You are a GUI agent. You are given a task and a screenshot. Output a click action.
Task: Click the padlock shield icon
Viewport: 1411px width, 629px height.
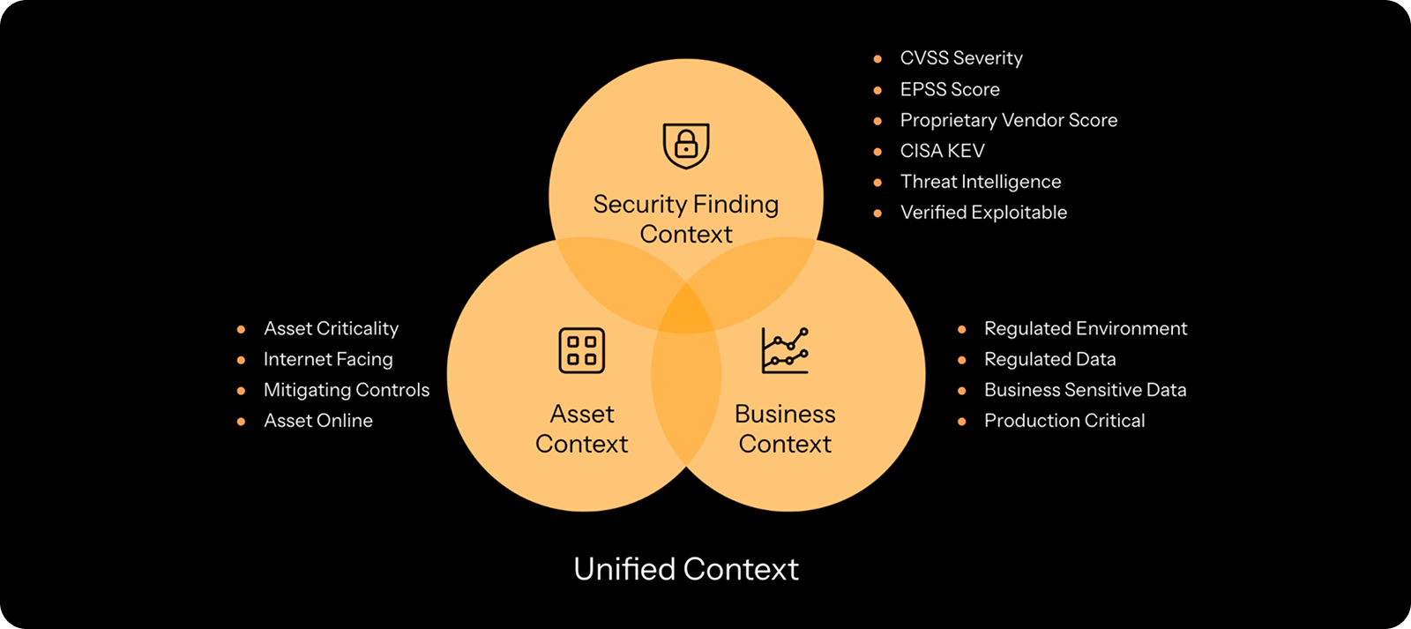coord(686,146)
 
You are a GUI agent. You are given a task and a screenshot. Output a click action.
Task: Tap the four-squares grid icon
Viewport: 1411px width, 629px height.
coord(582,350)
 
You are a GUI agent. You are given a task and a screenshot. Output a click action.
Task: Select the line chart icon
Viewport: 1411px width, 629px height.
coord(785,350)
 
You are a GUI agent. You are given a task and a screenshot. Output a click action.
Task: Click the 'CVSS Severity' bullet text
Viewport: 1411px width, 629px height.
coord(961,58)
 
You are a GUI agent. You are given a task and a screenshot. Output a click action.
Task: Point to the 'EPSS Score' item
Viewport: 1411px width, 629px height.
coord(950,89)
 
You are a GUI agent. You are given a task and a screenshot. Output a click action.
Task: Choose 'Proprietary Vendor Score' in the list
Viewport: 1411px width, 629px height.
coord(1008,120)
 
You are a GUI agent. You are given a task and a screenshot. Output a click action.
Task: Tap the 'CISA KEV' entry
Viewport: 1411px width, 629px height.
coord(942,151)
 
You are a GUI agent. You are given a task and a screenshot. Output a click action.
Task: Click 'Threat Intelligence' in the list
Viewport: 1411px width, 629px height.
coord(981,182)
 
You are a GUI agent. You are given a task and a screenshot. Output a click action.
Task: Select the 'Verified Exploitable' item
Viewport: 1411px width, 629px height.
coord(983,213)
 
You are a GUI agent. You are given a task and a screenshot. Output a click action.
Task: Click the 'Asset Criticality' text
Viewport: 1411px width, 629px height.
coord(331,329)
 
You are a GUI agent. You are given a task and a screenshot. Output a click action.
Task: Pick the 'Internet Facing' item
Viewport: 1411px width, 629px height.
coord(328,359)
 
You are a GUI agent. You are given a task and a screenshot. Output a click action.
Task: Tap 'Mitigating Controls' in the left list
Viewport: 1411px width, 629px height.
coord(347,390)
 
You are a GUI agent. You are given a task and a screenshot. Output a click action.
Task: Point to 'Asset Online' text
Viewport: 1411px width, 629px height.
coord(318,421)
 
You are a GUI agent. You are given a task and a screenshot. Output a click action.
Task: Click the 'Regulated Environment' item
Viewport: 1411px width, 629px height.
coord(1086,329)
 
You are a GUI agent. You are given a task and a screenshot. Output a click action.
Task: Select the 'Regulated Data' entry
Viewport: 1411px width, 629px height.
coord(1049,359)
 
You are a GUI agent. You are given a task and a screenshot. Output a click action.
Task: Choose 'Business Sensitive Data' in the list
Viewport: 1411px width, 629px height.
coord(1085,390)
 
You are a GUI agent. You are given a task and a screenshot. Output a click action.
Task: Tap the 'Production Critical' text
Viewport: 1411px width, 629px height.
coord(1064,421)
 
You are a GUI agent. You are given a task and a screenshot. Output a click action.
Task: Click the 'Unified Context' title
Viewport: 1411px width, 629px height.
coord(686,569)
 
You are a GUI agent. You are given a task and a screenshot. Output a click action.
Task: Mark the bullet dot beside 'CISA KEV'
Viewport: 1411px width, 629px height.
coord(877,152)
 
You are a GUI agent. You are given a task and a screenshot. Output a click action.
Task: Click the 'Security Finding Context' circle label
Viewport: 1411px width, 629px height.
coord(686,219)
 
